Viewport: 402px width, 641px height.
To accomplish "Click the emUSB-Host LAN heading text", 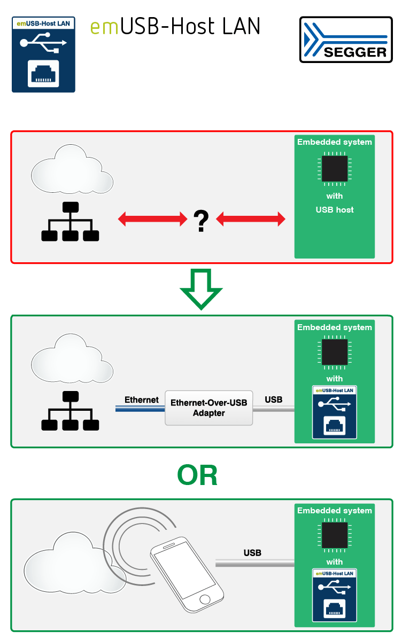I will [175, 26].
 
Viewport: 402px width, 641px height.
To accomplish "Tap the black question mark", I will [200, 221].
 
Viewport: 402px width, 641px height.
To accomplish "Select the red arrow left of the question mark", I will [152, 218].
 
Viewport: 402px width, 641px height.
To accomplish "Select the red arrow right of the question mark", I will [250, 218].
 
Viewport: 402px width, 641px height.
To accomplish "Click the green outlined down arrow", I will [201, 289].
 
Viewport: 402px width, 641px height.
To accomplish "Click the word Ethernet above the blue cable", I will [142, 400].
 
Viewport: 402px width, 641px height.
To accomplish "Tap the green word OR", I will [197, 475].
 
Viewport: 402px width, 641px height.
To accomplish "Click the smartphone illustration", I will [187, 575].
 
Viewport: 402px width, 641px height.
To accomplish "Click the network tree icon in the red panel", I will [70, 221].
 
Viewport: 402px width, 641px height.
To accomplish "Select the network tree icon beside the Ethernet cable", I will [70, 411].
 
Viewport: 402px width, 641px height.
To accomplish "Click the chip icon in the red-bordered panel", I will [335, 169].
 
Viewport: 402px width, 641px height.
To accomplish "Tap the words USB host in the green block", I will [335, 210].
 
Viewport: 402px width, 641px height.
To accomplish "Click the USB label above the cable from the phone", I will [252, 553].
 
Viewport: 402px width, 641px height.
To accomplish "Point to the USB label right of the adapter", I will [274, 400].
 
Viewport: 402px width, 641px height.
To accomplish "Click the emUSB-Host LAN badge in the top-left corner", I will [44, 54].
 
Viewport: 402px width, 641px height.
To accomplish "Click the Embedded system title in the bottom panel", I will [335, 511].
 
